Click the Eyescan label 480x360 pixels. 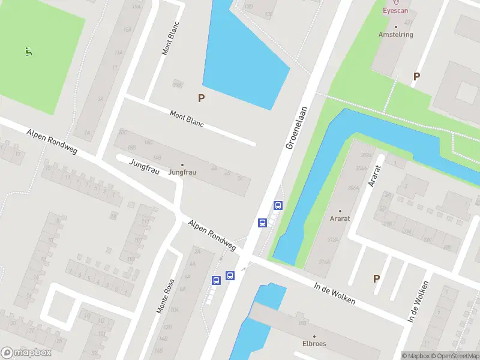pos(395,10)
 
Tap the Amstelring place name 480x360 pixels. pos(395,35)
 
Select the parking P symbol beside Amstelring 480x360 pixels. pos(416,76)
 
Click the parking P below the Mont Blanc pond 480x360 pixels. pos(202,98)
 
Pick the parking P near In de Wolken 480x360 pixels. pos(376,278)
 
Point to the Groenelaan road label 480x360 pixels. pos(296,128)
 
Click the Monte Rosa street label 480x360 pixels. pos(165,296)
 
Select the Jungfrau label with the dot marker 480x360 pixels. pos(182,172)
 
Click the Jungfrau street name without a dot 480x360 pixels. pos(144,167)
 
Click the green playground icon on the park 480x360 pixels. pos(28,52)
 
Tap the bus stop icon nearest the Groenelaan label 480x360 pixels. pos(278,205)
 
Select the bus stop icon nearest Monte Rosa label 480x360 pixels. pos(216,280)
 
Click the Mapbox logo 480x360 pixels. pos(26,353)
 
